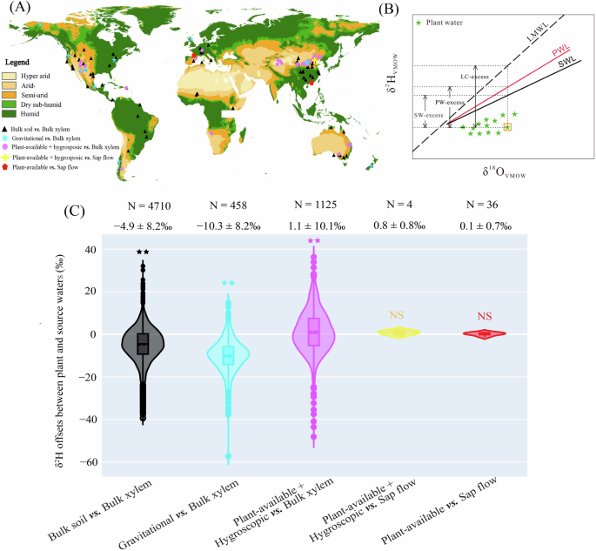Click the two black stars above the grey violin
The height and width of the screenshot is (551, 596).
(143, 252)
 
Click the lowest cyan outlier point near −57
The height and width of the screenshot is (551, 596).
(229, 456)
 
